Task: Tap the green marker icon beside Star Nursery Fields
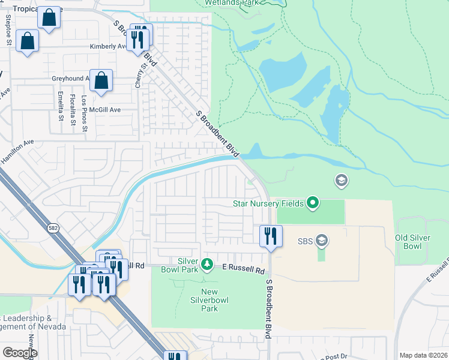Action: [x=312, y=203]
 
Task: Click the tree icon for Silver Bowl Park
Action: [x=206, y=264]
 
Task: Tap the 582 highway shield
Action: [x=53, y=228]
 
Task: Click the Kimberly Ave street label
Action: [x=107, y=46]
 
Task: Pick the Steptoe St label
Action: [x=8, y=30]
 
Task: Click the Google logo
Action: [x=19, y=353]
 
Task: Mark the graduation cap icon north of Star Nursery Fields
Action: [x=341, y=180]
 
